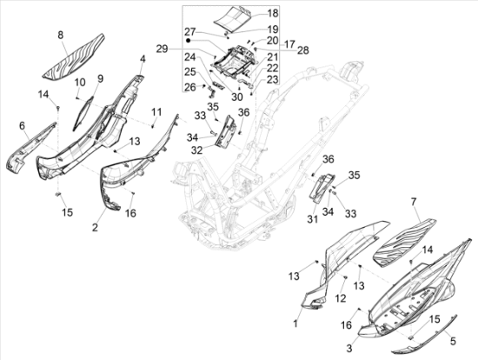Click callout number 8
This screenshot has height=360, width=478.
point(61,35)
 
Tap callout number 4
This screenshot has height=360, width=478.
point(143,59)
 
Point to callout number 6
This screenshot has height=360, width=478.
point(22,125)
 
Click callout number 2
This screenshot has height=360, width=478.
point(95,227)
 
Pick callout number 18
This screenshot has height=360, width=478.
point(273,13)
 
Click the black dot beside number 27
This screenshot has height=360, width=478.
point(189,40)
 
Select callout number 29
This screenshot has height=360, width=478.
point(162,49)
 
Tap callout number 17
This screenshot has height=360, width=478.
point(289,44)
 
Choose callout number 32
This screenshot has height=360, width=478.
point(197,150)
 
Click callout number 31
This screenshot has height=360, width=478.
point(313,219)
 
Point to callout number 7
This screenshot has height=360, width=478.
point(414,202)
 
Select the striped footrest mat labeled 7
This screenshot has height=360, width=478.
point(405,243)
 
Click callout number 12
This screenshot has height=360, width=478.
point(341,298)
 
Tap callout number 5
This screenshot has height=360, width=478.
point(454,341)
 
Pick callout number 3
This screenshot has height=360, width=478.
point(349,348)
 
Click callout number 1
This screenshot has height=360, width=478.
point(295,323)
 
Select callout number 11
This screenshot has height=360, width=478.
point(156,112)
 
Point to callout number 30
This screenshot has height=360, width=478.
point(237,97)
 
